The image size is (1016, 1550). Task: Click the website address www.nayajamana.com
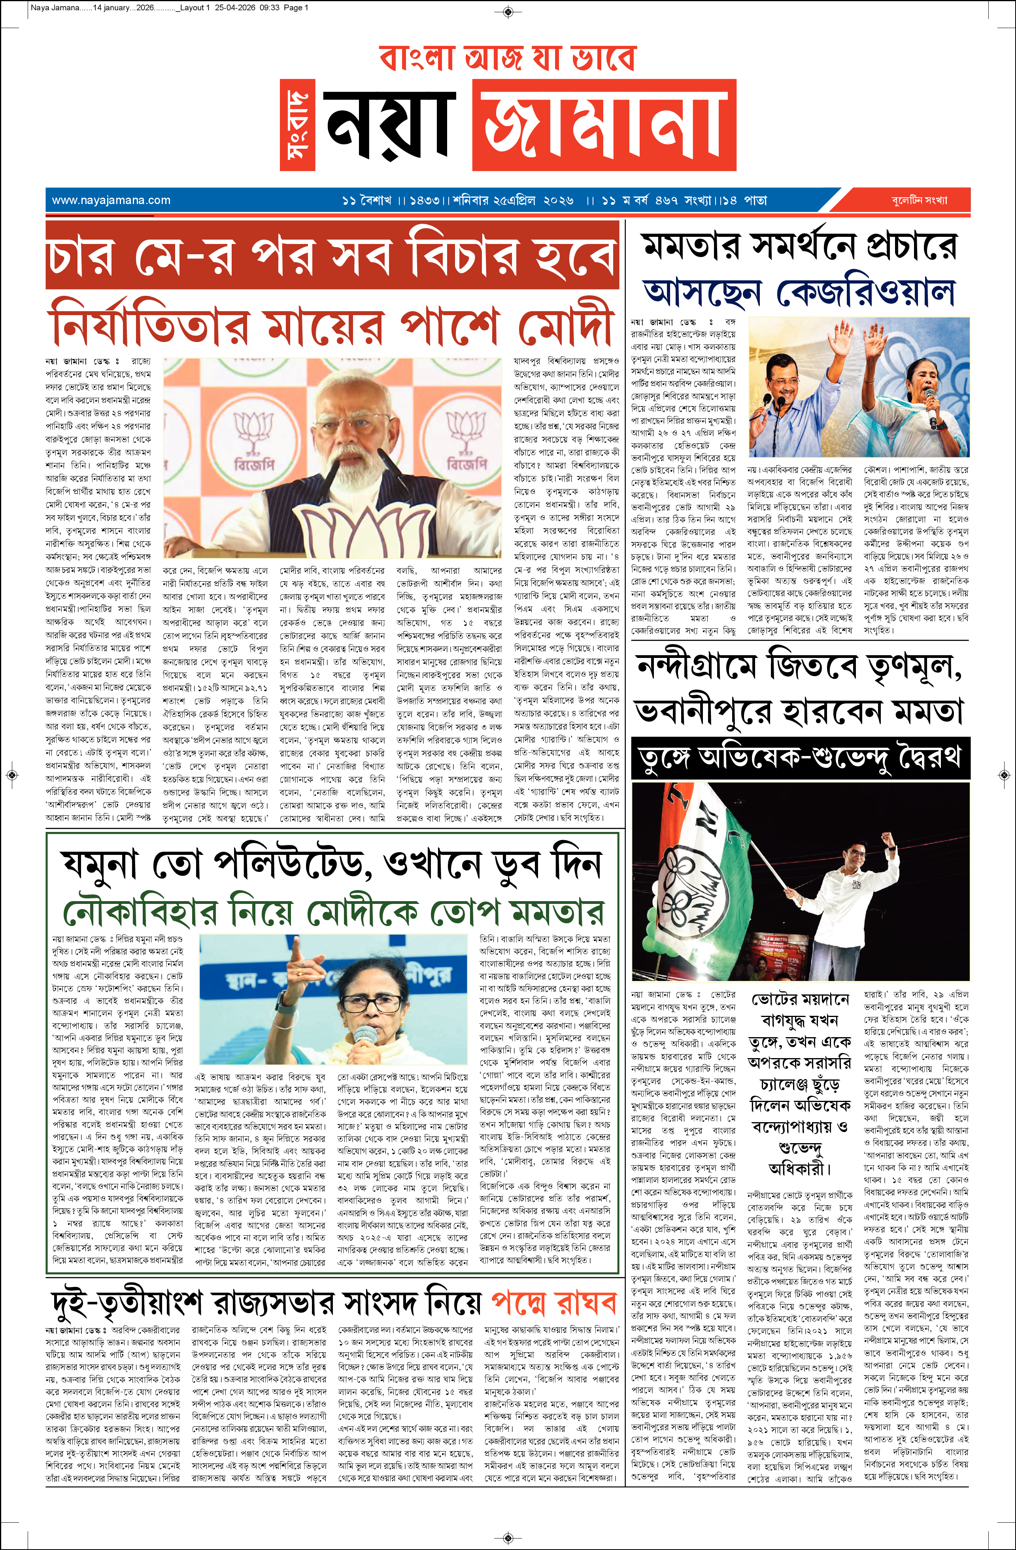[111, 200]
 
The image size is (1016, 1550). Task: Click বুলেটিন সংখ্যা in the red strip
[919, 200]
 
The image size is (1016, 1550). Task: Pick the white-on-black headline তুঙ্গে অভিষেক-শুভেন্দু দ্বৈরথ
[800, 758]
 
